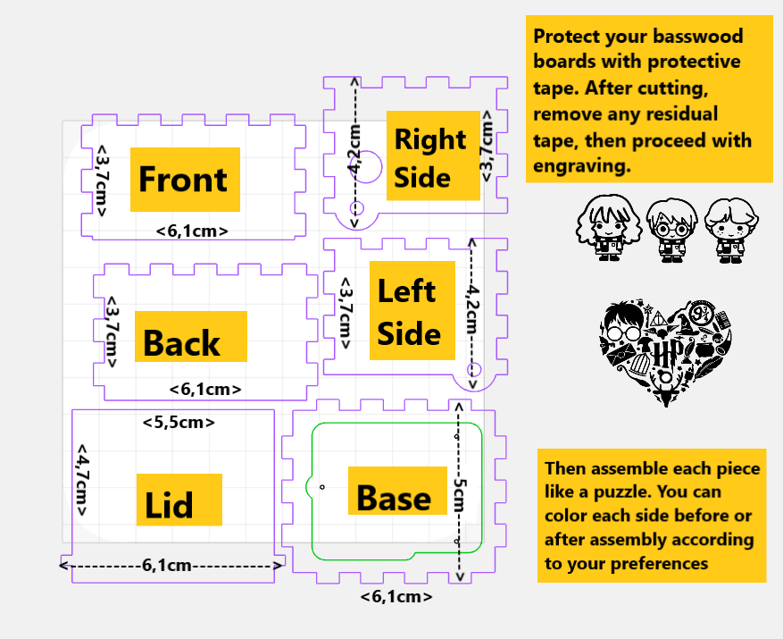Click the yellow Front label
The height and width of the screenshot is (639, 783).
[x=185, y=179]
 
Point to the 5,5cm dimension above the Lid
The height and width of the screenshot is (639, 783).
[x=179, y=422]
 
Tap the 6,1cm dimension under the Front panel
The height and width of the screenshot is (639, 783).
[x=191, y=231]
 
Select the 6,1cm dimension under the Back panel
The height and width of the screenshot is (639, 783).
[x=204, y=389]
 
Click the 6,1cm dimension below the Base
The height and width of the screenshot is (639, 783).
[x=396, y=596]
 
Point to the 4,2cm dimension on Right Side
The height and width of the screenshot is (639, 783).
[x=355, y=147]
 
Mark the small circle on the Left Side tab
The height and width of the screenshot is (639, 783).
[x=474, y=369]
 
